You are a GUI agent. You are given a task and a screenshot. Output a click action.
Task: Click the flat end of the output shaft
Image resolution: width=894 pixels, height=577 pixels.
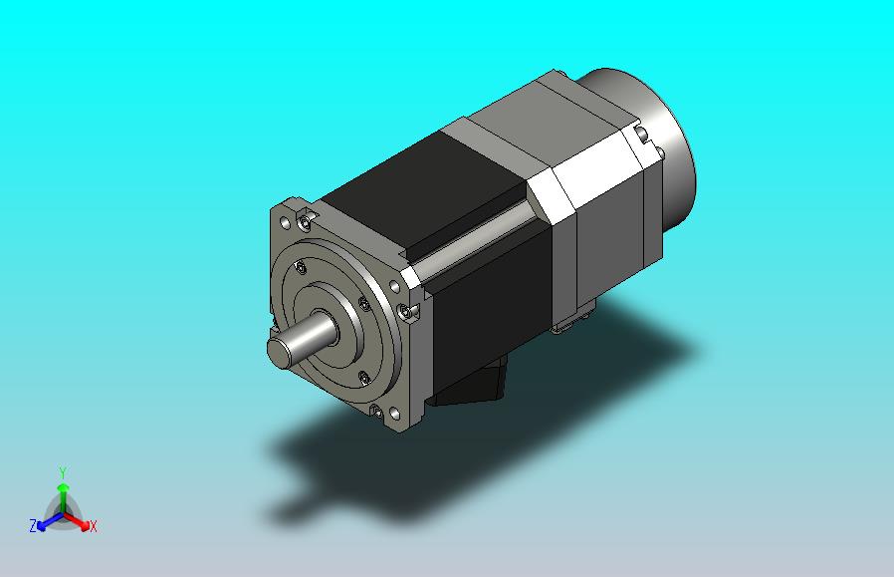pos(280,352)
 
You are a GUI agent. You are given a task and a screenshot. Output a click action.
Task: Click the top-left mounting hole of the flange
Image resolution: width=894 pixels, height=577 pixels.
pos(285,222)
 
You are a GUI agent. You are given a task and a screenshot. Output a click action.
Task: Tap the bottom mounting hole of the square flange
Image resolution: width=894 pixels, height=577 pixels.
pos(394,414)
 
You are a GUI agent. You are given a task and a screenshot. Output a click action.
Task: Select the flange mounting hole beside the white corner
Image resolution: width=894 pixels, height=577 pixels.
pos(394,286)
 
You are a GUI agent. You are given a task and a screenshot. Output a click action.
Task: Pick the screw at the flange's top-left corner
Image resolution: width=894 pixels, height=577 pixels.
pos(307,220)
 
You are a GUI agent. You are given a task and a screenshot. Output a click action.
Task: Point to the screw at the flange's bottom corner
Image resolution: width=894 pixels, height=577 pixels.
pos(377,411)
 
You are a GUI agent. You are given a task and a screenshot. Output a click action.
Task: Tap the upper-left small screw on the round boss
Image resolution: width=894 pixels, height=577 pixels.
pos(301,267)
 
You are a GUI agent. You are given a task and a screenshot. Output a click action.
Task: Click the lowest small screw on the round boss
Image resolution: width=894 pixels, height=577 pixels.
pos(363,378)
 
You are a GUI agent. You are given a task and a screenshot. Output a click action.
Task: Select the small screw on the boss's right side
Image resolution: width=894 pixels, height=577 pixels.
pos(364,304)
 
